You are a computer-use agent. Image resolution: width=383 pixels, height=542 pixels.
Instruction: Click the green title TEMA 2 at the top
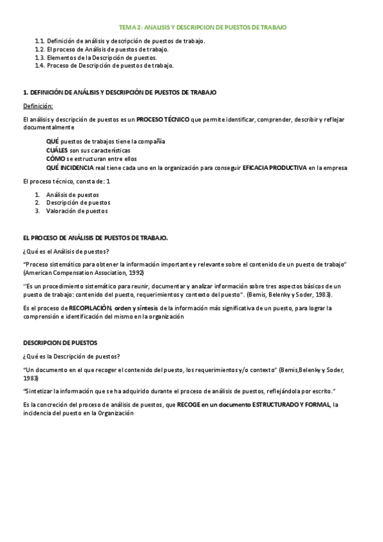coord(203,27)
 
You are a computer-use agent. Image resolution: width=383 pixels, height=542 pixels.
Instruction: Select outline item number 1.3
coord(97,58)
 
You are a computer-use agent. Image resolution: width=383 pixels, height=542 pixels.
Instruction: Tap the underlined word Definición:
coord(38,106)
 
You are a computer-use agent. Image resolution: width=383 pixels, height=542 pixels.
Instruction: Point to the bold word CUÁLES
coord(57,150)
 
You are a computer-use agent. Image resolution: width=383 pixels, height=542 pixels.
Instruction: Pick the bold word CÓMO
coord(56,159)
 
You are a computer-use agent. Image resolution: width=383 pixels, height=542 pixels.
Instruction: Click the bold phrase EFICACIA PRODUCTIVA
coord(275,167)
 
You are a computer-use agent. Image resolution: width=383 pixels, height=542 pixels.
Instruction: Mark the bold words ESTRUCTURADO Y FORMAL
coord(291,405)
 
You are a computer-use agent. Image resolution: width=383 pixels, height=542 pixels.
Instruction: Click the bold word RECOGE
coord(189,405)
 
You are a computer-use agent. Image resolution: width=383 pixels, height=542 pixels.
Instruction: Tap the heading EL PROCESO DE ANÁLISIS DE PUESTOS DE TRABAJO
coord(95,238)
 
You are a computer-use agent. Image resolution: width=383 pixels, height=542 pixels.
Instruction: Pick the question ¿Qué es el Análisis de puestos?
coord(66,251)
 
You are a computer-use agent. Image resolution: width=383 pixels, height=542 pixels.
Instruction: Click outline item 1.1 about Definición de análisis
coord(120,41)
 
